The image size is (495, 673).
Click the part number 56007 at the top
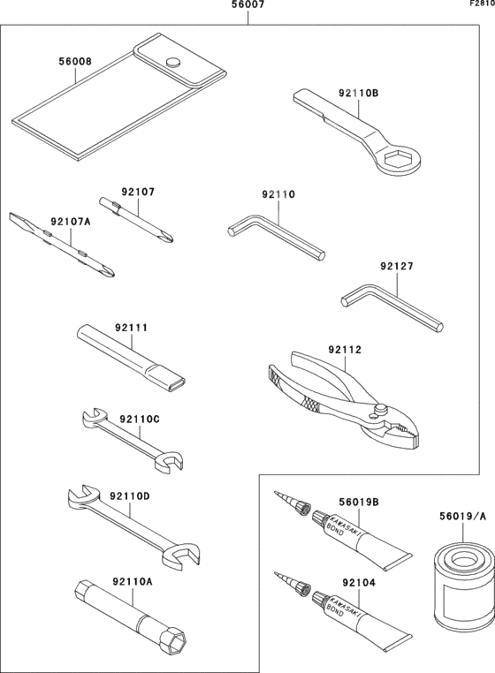(247, 6)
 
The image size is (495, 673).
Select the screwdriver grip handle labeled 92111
(133, 357)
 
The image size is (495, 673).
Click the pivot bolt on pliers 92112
(382, 409)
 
